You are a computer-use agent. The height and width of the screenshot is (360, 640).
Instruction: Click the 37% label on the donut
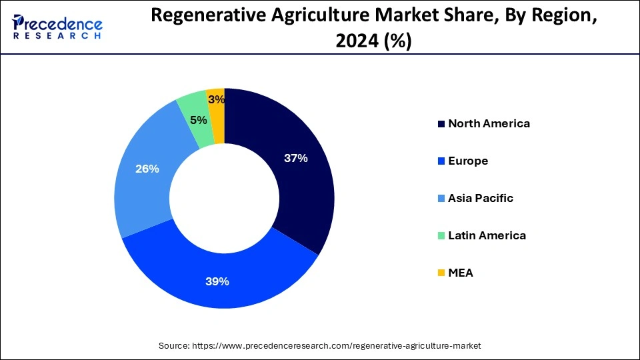click(295, 158)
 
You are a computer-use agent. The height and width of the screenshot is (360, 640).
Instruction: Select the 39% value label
click(217, 281)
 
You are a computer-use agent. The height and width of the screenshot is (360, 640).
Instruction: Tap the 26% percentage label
click(147, 169)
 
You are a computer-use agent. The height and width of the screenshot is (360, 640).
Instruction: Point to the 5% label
click(198, 121)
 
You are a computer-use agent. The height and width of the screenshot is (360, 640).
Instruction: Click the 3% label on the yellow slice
click(216, 100)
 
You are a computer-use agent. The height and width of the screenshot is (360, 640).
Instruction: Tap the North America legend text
click(489, 123)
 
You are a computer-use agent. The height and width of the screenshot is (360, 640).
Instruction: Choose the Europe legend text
click(468, 161)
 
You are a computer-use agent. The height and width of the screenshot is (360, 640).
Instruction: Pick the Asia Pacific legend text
click(481, 198)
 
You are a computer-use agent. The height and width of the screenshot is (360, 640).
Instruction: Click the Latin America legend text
click(487, 235)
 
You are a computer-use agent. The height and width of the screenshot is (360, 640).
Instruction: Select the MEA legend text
click(461, 273)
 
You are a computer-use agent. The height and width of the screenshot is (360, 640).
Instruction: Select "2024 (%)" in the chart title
click(373, 41)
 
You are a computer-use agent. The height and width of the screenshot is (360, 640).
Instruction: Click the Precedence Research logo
click(57, 27)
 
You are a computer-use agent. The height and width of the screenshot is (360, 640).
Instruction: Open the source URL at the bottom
click(336, 346)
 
